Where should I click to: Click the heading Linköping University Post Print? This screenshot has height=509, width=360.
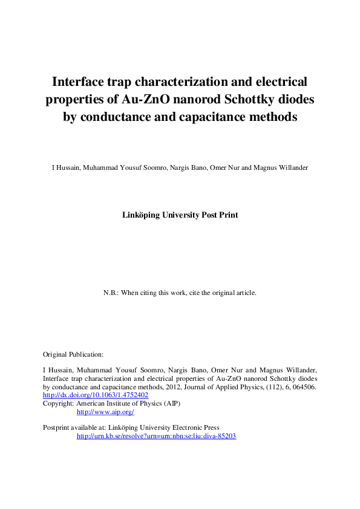click(x=180, y=215)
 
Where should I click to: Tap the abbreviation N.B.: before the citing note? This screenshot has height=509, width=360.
click(x=111, y=293)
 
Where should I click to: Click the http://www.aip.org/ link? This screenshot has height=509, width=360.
click(x=105, y=412)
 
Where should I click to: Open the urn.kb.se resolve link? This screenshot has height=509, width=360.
click(x=156, y=436)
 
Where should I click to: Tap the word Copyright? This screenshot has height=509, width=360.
click(x=58, y=403)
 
